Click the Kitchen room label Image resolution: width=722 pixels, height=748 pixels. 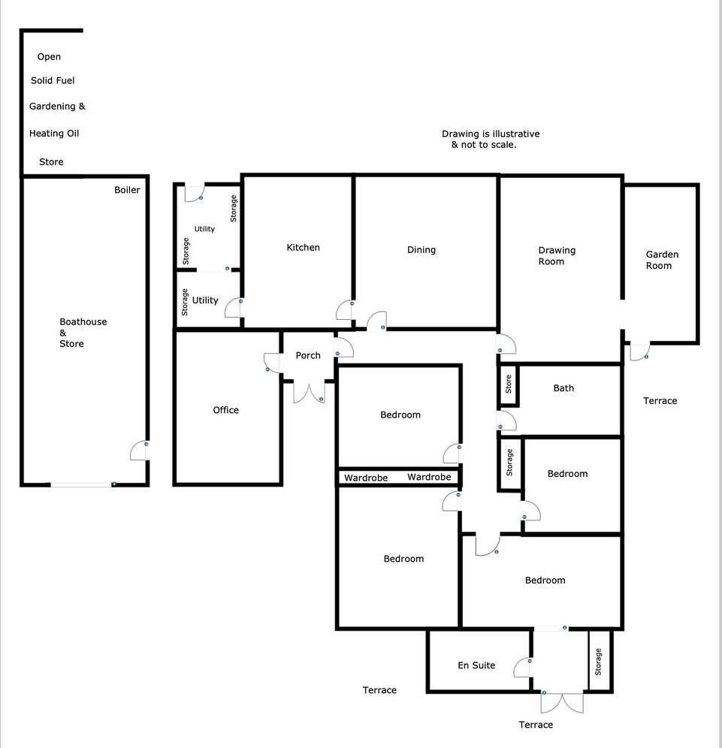coord(303,247)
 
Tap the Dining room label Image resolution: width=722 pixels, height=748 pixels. coord(421,249)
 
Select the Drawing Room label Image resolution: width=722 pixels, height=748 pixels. coord(557,255)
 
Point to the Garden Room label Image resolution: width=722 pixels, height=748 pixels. coord(662,260)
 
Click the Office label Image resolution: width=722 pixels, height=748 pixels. coord(225,409)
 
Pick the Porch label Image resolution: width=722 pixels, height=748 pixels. coord(307,355)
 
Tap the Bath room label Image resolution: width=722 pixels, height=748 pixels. coord(563,388)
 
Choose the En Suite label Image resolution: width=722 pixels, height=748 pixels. coord(476,665)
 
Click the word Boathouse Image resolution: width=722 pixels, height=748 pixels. coord(83,321)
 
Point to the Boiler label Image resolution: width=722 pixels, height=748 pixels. coord(127,190)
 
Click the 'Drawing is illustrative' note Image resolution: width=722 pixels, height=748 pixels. coord(490,134)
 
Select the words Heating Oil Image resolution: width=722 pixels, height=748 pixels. coord(53,133)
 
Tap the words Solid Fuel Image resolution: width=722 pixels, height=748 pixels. coord(53,80)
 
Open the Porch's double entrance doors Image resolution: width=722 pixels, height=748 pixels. coord(309,393)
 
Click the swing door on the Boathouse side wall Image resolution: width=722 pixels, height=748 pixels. coord(140,450)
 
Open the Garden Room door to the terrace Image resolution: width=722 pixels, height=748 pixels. coord(639,351)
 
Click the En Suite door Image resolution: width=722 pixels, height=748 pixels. coord(523,668)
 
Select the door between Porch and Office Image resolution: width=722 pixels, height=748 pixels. coord(272,363)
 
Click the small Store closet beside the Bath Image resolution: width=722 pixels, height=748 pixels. coord(509,384)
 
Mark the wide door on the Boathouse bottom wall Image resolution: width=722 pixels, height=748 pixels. coord(83,484)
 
